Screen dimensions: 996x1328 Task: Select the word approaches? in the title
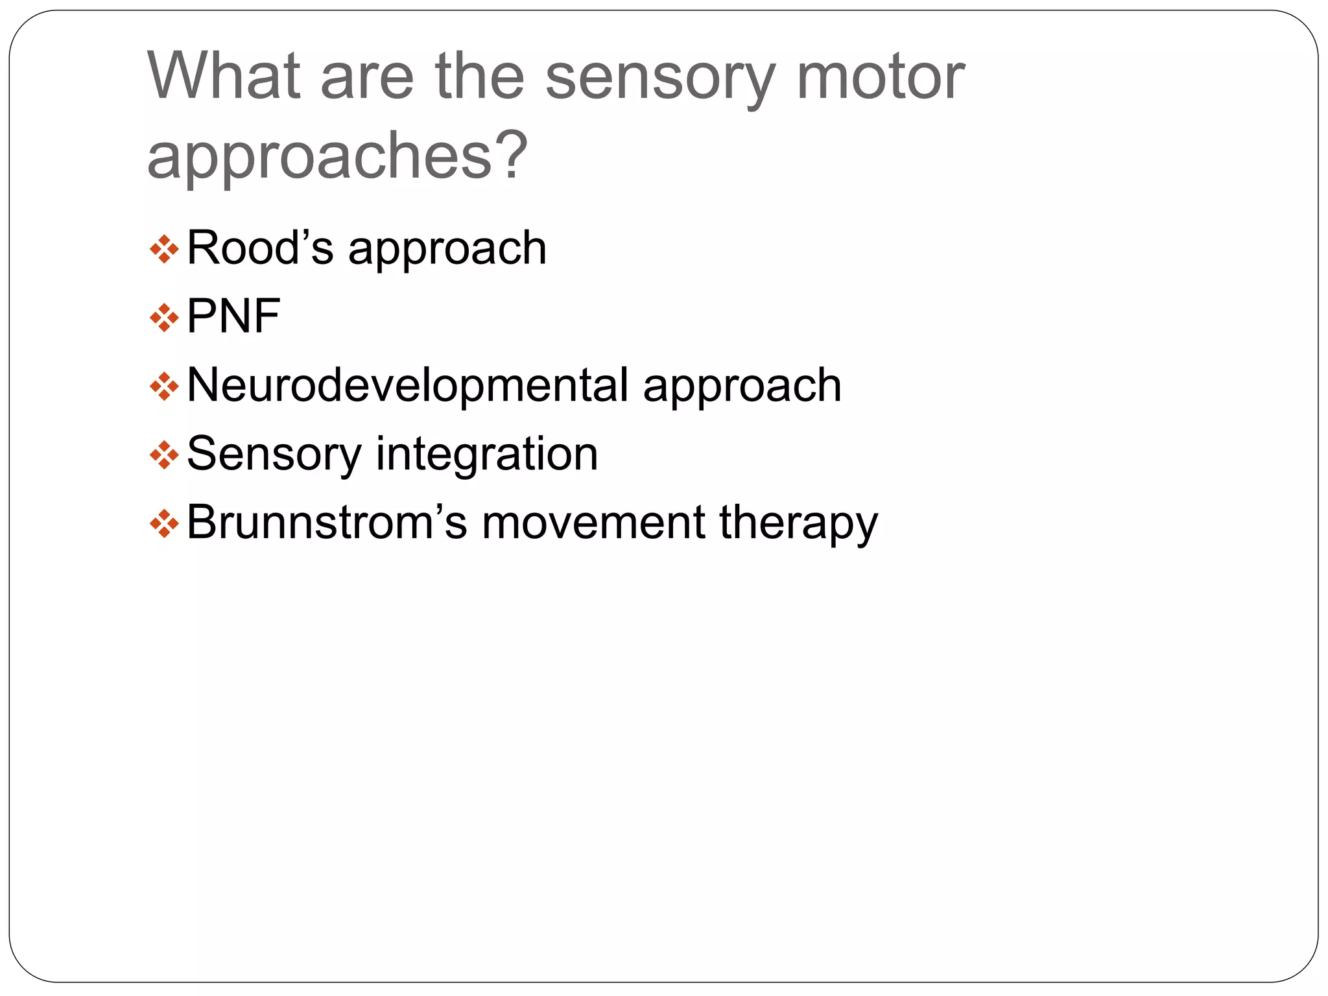(x=338, y=156)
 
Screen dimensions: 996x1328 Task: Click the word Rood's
(x=260, y=248)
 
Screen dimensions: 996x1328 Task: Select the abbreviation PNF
(x=233, y=316)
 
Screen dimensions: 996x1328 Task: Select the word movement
(x=593, y=523)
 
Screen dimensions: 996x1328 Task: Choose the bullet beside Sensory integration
(x=164, y=455)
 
